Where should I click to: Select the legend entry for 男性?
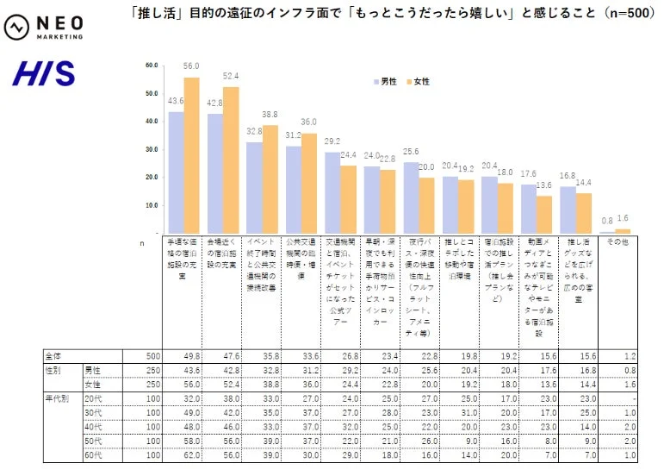384,81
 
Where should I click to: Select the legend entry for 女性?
417,81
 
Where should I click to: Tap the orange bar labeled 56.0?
191,155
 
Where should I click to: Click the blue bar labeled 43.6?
176,172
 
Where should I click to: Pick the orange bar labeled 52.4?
231,160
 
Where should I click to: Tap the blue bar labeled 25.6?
411,197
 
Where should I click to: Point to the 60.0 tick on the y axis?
152,65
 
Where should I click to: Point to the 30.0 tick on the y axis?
152,149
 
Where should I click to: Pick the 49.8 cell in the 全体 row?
182,355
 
